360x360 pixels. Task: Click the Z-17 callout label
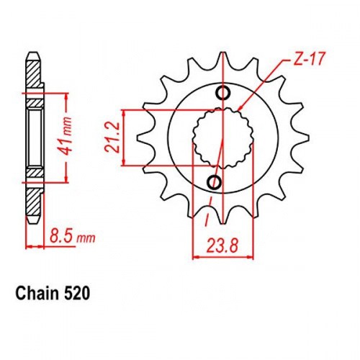coord(309,59)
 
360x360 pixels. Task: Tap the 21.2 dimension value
coord(112,138)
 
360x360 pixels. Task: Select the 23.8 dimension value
coord(222,246)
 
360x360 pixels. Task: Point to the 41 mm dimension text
coord(66,137)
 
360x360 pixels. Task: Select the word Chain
coord(37,293)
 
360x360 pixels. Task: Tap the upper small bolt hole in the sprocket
coord(223,93)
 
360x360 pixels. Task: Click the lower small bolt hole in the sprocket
coord(214,182)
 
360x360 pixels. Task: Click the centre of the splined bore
coord(223,138)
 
